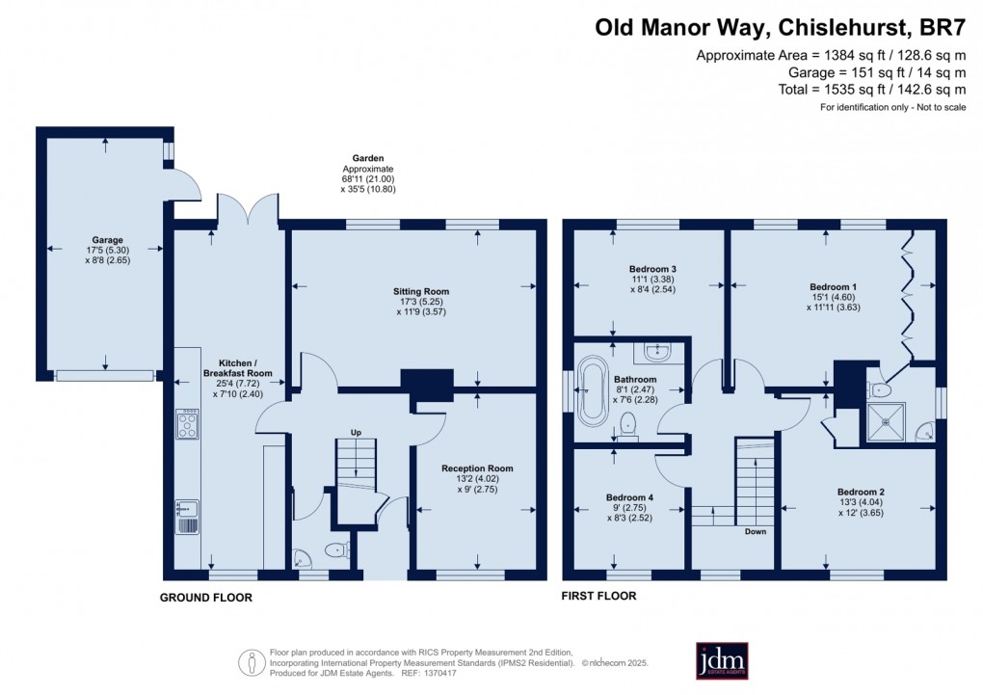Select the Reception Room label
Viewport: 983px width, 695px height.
click(479, 468)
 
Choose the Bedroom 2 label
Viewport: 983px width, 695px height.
click(862, 492)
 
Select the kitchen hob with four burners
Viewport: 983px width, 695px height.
click(187, 424)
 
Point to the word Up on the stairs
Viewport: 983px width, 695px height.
click(357, 431)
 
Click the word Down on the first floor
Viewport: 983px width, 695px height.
click(755, 531)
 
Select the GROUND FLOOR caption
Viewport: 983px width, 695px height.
click(205, 598)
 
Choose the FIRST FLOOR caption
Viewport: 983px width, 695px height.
click(598, 596)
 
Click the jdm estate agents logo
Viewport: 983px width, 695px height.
click(722, 660)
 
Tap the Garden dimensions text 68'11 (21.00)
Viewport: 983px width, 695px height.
click(367, 178)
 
